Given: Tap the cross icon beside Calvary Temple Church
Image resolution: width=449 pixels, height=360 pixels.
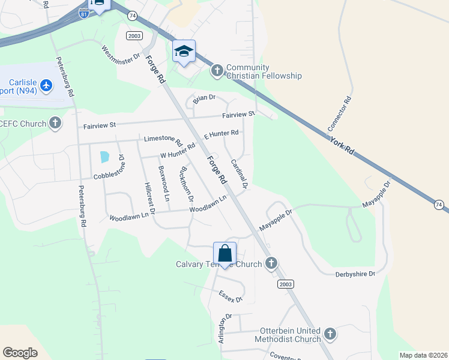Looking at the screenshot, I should tap(271, 263).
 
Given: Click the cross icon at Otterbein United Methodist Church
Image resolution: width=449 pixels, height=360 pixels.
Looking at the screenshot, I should tap(330, 334).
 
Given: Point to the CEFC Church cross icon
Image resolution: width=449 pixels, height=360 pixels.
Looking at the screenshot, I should tap(55, 124).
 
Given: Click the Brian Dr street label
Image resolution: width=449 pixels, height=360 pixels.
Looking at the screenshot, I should tap(204, 97).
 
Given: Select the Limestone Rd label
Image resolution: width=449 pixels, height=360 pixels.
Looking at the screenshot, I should tap(163, 140).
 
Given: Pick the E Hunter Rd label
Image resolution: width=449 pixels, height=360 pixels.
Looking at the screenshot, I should tap(221, 134).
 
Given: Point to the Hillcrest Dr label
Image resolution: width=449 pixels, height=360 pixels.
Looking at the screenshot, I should tap(148, 199).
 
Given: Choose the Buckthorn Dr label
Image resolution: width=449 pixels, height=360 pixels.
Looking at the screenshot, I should tap(185, 185).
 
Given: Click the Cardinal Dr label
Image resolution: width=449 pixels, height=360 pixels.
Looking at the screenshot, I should tap(239, 174).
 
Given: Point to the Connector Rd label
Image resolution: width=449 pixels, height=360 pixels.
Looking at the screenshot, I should tap(339, 115).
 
